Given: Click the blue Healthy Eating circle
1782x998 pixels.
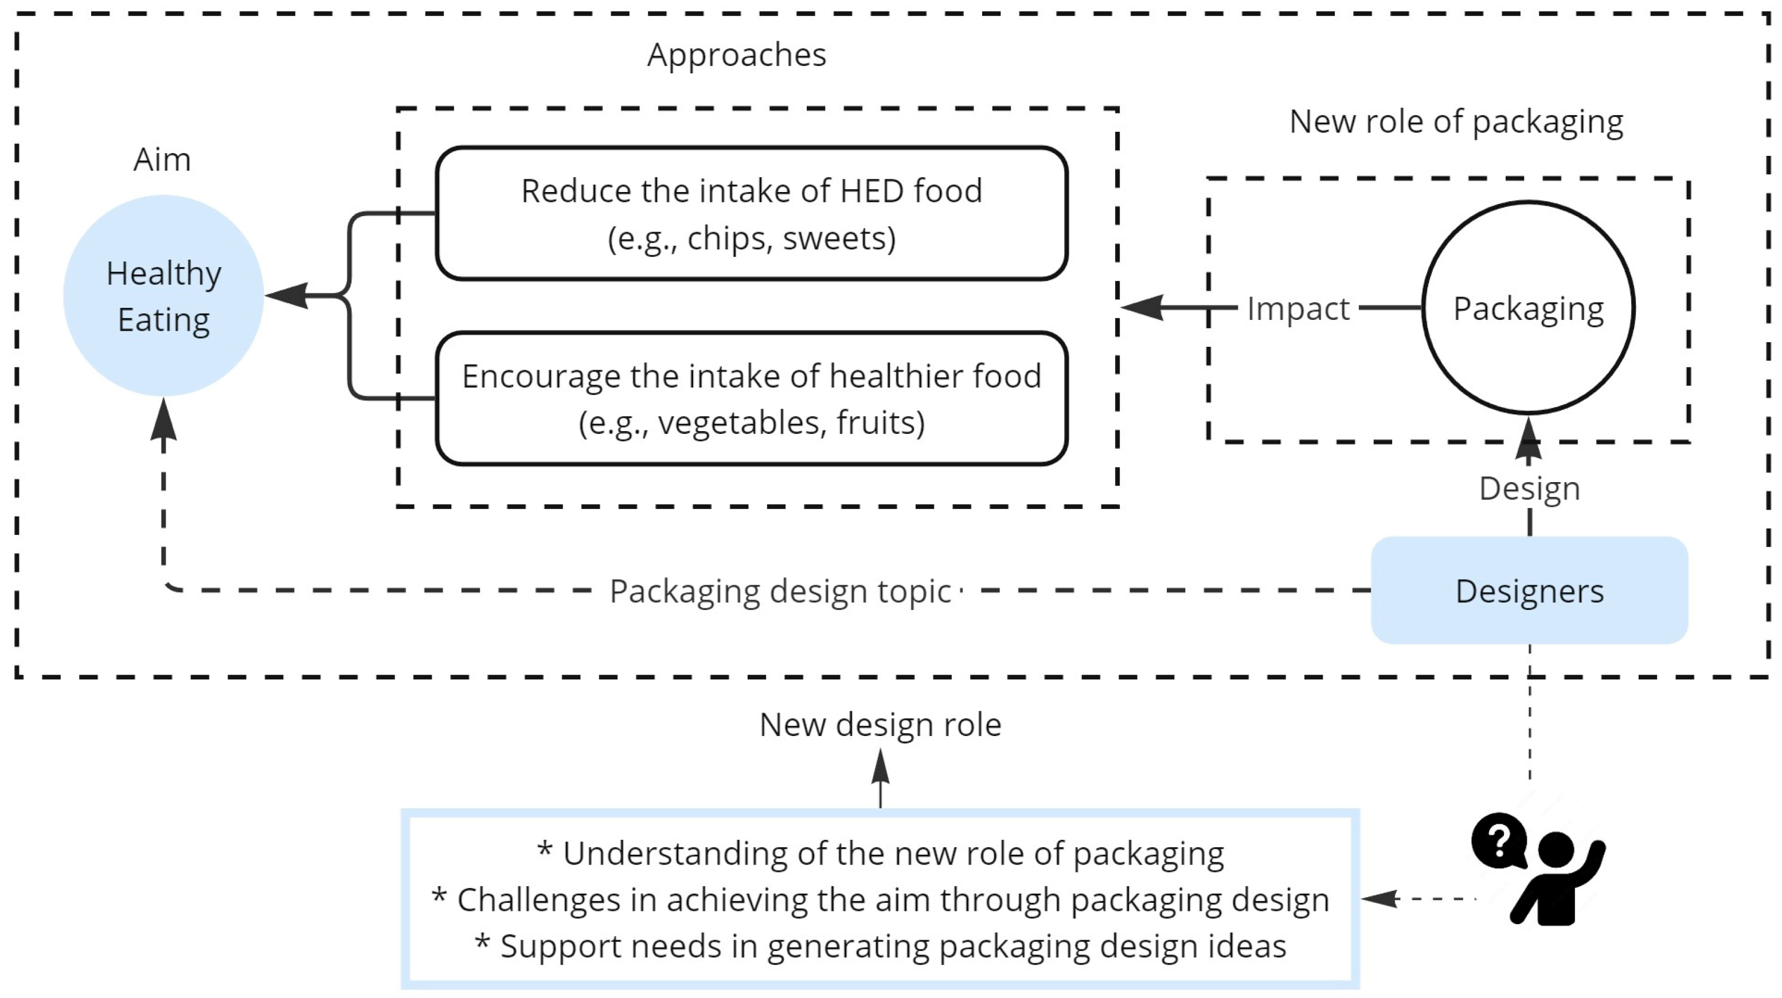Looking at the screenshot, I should (163, 295).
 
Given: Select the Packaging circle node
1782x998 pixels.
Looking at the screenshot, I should (1528, 308).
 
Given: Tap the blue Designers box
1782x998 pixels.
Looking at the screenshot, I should (1529, 590).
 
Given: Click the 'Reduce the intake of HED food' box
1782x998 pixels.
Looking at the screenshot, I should (751, 213).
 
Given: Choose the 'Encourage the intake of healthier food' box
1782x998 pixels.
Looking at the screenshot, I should (751, 398).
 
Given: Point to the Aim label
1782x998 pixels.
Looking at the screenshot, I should (162, 160).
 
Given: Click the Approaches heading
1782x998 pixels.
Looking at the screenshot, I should (736, 54).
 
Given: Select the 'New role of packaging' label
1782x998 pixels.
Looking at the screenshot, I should (1456, 122).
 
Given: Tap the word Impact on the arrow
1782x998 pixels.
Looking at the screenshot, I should (1298, 308).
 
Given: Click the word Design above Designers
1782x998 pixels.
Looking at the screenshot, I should (1529, 488).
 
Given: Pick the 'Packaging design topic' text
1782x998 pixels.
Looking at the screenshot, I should (780, 592).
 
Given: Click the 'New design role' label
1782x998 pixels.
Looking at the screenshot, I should (880, 725).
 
